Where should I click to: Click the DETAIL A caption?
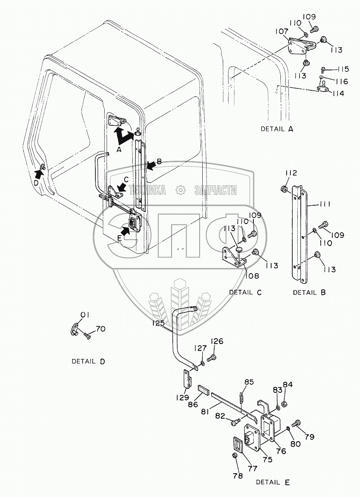[x=277, y=129]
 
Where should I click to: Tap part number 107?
[x=282, y=32]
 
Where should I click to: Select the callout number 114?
[x=338, y=93]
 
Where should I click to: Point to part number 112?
[x=291, y=173]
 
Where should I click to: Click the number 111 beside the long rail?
[x=324, y=204]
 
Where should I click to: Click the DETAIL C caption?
[x=245, y=293]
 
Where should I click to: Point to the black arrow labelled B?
[x=152, y=165]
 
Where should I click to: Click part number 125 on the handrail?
[x=158, y=323]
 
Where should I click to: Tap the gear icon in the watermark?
[x=180, y=190]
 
